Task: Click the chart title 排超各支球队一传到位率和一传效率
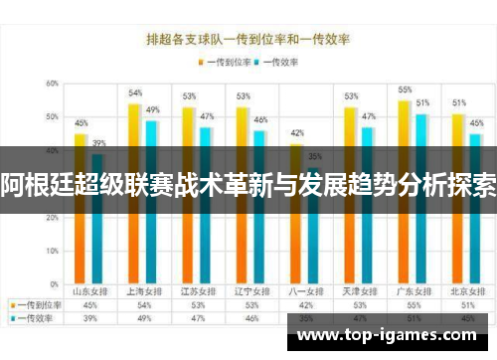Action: click(248, 41)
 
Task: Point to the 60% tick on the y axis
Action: click(51, 84)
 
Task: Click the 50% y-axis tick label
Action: click(51, 117)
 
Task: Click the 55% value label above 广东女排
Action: click(405, 90)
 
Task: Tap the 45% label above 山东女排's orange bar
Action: click(82, 123)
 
